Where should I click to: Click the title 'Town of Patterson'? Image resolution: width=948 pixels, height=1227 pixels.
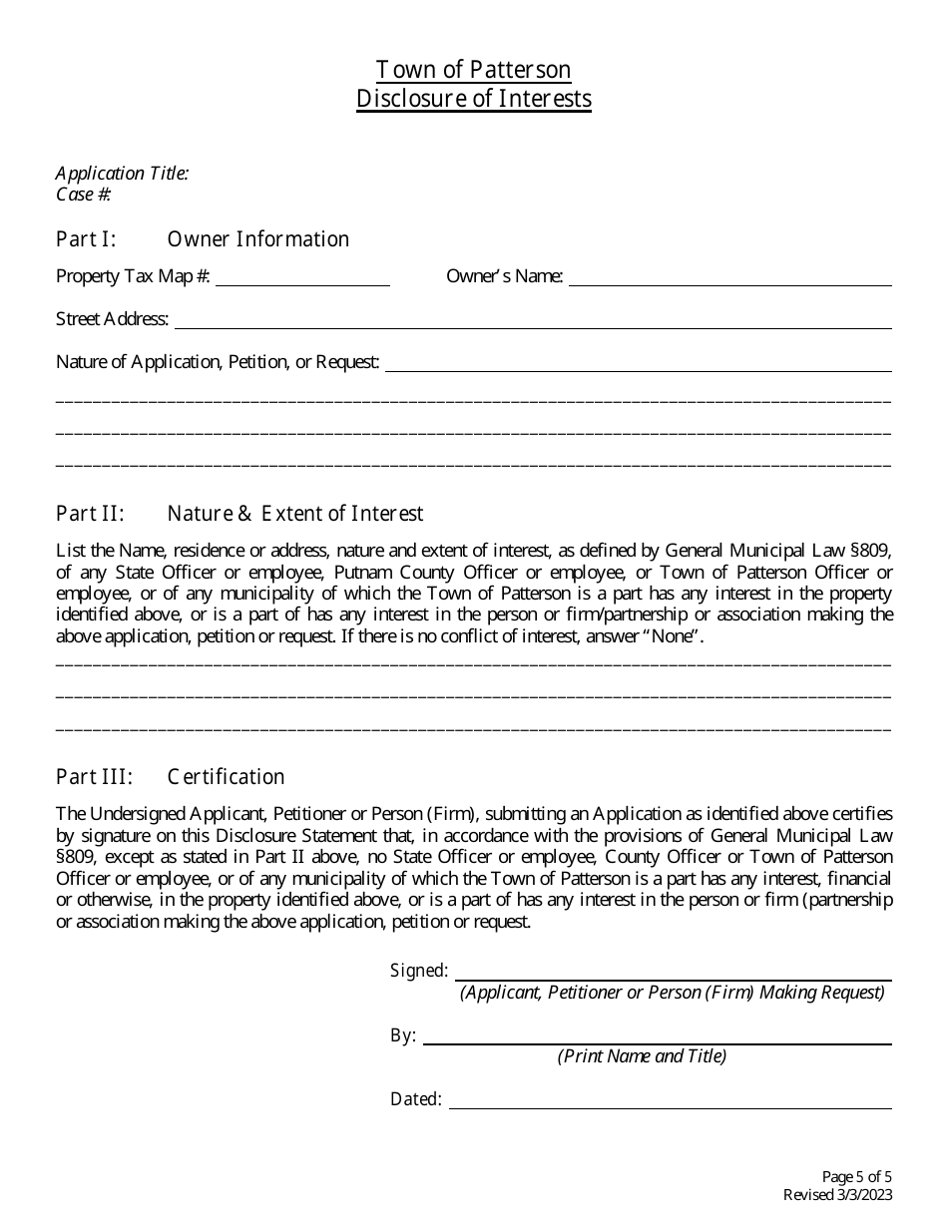pyautogui.click(x=473, y=70)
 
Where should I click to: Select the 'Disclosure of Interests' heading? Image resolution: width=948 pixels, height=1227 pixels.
pyautogui.click(x=473, y=99)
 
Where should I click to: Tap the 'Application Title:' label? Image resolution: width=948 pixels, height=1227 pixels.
pyautogui.click(x=122, y=174)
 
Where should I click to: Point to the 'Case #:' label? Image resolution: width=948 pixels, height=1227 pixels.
pyautogui.click(x=84, y=195)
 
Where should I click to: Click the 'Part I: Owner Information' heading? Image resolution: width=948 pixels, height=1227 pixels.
pyautogui.click(x=203, y=239)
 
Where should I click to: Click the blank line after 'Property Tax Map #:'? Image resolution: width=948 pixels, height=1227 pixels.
pyautogui.click(x=302, y=278)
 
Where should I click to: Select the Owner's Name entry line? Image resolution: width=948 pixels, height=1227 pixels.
pyautogui.click(x=729, y=278)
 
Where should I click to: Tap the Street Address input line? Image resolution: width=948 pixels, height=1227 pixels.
pyautogui.click(x=533, y=321)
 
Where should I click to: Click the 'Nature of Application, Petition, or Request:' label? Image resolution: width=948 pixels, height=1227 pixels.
pyautogui.click(x=218, y=362)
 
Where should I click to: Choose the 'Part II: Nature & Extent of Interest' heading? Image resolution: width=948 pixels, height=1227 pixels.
pyautogui.click(x=239, y=514)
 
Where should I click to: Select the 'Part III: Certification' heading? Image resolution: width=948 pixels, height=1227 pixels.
pyautogui.click(x=171, y=777)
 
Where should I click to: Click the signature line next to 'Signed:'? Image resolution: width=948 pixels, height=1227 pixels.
pyautogui.click(x=674, y=973)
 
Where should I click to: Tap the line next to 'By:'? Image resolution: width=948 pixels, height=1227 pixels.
pyautogui.click(x=657, y=1037)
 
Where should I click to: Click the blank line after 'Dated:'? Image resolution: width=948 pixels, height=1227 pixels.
pyautogui.click(x=670, y=1101)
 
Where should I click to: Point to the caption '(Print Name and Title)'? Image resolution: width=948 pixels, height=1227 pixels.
pyautogui.click(x=642, y=1056)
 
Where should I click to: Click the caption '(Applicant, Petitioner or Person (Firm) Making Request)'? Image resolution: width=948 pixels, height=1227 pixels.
pyautogui.click(x=672, y=993)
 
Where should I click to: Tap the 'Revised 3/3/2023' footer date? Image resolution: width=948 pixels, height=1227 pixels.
pyautogui.click(x=837, y=1195)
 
